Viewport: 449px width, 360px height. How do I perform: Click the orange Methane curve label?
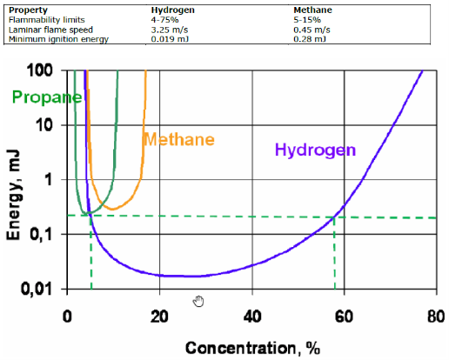[178, 139]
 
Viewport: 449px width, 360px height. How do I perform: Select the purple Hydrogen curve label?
[315, 150]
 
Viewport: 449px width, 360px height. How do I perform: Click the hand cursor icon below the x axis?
[198, 301]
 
